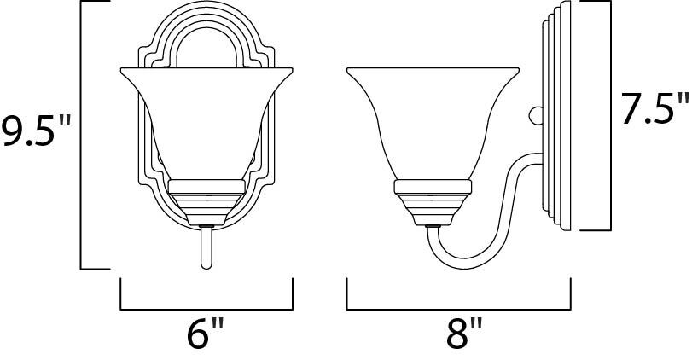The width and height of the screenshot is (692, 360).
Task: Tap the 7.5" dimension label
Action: tap(654, 110)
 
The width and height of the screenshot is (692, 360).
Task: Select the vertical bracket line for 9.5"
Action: tap(81, 136)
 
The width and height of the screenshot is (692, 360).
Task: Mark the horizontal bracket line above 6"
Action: tap(206, 308)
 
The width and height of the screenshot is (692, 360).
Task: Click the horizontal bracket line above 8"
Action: tap(462, 308)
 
